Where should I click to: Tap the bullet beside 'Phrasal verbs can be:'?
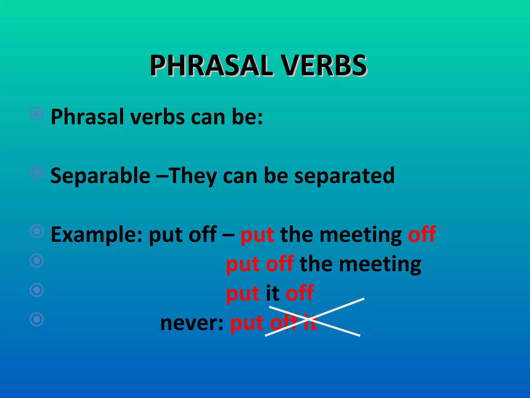37,113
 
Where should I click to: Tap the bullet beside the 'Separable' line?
37,172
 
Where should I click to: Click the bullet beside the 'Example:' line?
37,231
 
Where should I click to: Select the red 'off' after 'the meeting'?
422,234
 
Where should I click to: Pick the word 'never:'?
192,323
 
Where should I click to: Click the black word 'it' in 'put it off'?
273,293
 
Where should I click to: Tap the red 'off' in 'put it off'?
300,293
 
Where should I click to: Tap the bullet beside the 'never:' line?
37,319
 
